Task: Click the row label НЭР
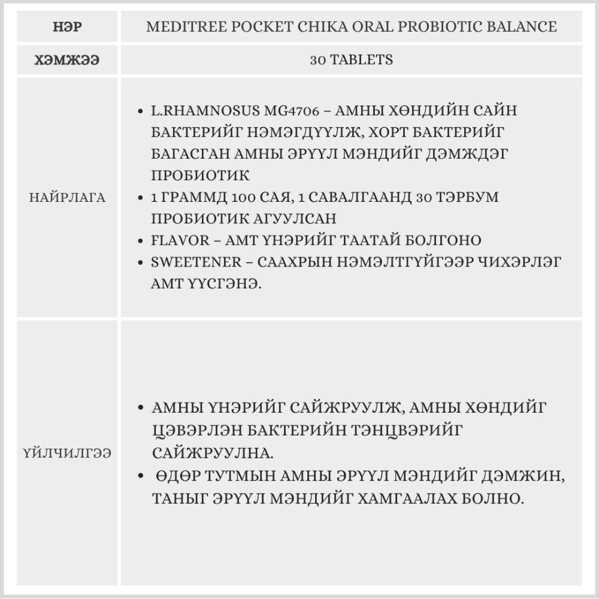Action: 66,27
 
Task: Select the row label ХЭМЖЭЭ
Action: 66,60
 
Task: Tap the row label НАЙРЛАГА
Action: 67,198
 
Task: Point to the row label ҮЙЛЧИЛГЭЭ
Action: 67,453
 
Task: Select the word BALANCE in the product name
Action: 521,27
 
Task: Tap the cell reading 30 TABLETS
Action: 352,60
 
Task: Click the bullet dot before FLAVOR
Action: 140,241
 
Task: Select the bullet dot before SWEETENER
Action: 140,262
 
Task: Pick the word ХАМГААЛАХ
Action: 420,498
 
